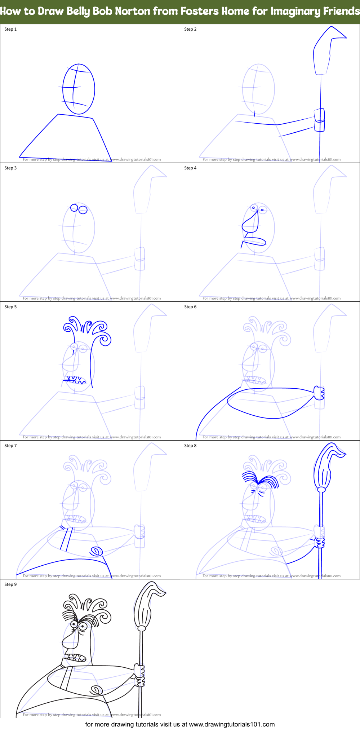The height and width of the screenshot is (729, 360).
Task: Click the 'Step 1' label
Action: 10,29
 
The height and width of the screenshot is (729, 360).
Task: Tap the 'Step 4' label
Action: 190,168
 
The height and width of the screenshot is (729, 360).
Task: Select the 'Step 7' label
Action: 10,446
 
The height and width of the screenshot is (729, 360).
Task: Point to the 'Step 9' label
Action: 10,584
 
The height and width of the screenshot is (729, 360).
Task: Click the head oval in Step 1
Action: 79,89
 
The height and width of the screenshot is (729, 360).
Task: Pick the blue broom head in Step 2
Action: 326,50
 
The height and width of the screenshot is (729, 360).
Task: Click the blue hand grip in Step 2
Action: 319,120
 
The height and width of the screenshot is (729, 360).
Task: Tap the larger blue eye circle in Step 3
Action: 83,210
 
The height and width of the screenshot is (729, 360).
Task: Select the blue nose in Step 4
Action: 251,224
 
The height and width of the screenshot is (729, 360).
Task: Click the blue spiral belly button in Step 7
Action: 96,551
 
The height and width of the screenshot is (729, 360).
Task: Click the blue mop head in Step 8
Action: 326,467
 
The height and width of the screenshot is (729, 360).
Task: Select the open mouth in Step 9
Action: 76,657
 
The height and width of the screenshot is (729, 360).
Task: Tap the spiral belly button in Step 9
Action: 96,690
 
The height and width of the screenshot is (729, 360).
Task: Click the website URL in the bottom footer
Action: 232,724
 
